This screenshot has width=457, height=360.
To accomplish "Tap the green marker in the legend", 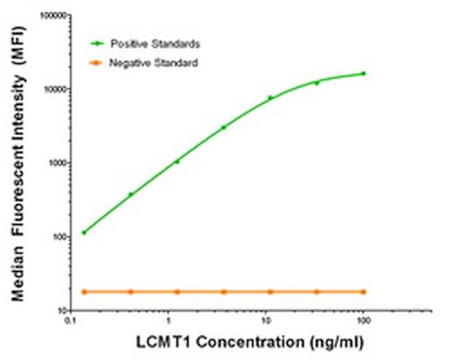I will click(x=97, y=44).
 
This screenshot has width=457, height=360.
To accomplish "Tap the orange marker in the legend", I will click(x=97, y=63).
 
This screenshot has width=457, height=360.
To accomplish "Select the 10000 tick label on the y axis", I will click(x=55, y=89).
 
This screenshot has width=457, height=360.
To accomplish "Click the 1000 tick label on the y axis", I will click(x=57, y=163).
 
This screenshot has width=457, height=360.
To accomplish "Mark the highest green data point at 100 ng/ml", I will click(x=363, y=73).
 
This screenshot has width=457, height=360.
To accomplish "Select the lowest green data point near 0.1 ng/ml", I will click(x=84, y=232).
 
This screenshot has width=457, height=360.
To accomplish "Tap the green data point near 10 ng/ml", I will click(x=270, y=98).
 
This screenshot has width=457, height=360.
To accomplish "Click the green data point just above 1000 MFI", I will click(x=177, y=161).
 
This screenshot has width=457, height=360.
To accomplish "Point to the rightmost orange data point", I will click(x=363, y=291).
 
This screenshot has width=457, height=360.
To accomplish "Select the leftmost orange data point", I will click(x=84, y=291).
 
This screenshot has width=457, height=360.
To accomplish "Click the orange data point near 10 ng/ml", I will click(x=270, y=291).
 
